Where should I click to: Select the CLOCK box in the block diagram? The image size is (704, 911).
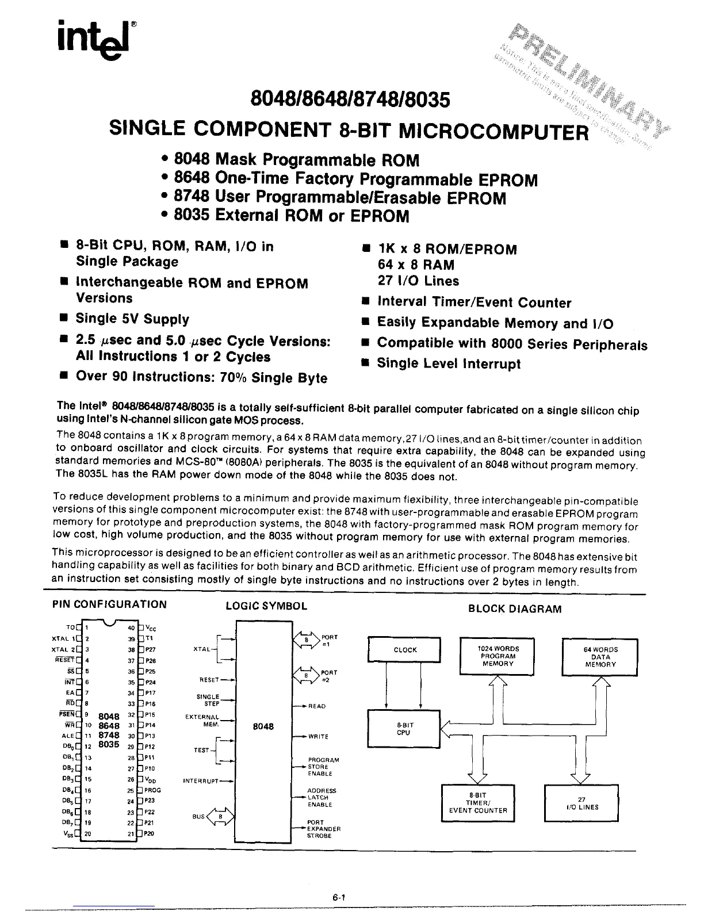(x=405, y=650)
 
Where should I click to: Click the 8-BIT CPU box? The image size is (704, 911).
(x=403, y=729)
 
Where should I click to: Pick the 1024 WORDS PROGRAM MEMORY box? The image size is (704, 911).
(x=498, y=656)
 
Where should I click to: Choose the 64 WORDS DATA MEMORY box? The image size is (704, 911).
(x=600, y=656)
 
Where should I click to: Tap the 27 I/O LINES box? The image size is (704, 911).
(x=581, y=803)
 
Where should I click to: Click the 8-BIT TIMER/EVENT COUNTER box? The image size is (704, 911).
(x=478, y=803)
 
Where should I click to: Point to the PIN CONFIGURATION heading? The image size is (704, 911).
(x=109, y=604)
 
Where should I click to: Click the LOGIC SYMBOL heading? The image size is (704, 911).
(x=266, y=606)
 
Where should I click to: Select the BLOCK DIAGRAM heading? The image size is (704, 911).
(x=515, y=608)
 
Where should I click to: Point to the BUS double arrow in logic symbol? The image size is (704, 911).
(x=220, y=817)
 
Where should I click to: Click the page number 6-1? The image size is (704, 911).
(x=338, y=896)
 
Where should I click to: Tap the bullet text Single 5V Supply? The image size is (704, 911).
(x=132, y=319)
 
